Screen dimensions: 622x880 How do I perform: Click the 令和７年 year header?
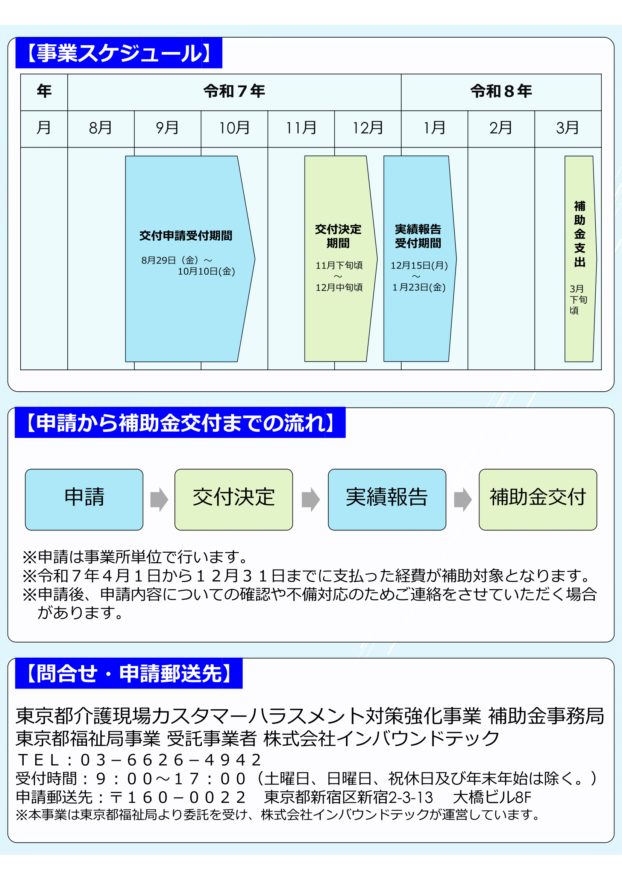(234, 91)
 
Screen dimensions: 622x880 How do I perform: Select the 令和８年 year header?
(501, 91)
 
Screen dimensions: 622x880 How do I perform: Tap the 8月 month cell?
(101, 128)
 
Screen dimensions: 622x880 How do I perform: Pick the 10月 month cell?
(234, 128)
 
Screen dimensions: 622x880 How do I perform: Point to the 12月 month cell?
(368, 128)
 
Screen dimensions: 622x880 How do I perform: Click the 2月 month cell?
(501, 128)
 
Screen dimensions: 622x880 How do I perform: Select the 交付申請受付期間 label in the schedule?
(186, 235)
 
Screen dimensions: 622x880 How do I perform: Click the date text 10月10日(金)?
(206, 271)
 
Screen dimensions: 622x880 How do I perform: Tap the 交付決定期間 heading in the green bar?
(338, 236)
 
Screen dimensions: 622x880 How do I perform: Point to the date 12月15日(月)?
(419, 265)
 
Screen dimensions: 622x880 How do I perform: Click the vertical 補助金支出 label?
(580, 234)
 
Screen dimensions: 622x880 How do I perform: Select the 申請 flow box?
(84, 499)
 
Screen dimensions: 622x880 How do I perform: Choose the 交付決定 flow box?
(234, 499)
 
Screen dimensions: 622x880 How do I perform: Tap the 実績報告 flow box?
(387, 499)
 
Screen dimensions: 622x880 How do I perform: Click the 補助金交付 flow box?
(538, 499)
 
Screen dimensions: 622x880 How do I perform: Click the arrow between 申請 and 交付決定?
(159, 499)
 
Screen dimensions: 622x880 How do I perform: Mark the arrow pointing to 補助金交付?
(463, 499)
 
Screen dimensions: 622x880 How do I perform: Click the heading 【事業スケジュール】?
(119, 53)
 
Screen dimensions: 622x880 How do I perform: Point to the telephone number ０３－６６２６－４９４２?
(171, 760)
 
